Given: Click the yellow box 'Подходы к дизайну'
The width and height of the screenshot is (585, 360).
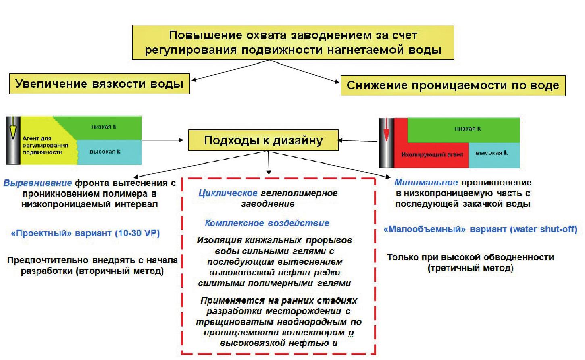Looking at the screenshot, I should [263, 140].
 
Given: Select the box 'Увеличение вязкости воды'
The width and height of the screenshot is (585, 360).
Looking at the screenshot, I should [99, 84].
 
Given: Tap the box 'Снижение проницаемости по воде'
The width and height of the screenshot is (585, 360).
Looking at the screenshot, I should [453, 85].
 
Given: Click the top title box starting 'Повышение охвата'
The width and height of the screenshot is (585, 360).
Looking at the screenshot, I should [293, 42].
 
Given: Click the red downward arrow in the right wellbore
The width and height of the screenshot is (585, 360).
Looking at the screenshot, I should [387, 131].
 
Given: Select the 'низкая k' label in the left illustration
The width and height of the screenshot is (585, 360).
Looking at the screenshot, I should [104, 127].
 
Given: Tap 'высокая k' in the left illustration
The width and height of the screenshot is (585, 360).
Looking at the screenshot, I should [105, 152].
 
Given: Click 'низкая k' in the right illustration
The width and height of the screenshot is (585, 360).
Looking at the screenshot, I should [468, 129].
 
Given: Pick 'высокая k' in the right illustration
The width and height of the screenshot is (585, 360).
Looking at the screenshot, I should [491, 153].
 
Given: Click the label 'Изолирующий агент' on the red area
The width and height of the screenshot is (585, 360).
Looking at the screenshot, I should [432, 154].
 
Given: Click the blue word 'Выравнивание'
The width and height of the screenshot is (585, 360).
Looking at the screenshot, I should [37, 183].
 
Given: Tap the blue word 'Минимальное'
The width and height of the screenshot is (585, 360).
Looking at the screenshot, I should [426, 183].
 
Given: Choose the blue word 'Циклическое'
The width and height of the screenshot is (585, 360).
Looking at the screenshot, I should [228, 194].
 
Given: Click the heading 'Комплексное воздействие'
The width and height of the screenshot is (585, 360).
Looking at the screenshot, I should [267, 223].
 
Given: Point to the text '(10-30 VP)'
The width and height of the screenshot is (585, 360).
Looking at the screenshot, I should [137, 233].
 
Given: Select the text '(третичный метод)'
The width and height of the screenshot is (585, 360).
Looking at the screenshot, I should [470, 268].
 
